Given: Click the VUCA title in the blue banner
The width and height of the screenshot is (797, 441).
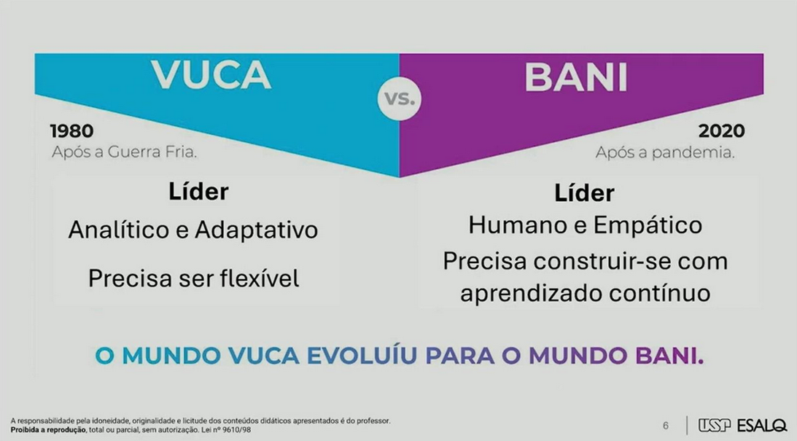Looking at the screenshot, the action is click(211, 75).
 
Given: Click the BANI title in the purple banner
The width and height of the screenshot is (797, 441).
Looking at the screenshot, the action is click(576, 77).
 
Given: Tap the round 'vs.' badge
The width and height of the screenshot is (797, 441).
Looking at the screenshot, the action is click(400, 98).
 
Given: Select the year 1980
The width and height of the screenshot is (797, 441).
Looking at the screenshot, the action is click(71, 131).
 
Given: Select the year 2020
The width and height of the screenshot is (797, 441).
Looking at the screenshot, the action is click(721, 131).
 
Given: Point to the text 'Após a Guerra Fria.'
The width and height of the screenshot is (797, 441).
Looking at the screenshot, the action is click(124, 152).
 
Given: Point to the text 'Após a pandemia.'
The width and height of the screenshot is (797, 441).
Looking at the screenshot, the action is click(665, 152).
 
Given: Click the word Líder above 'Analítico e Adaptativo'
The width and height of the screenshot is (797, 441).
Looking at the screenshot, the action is click(198, 192).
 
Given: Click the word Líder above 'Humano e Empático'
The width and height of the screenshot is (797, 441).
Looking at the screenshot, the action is click(584, 193).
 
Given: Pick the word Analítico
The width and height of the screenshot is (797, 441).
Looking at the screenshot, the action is click(120, 230).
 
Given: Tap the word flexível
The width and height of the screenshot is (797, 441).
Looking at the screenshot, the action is click(260, 278).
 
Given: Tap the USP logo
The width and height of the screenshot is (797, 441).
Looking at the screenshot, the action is click(714, 425).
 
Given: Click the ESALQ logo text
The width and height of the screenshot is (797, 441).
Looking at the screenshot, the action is click(761, 425).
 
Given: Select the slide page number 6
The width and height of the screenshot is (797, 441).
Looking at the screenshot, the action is click(665, 426).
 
